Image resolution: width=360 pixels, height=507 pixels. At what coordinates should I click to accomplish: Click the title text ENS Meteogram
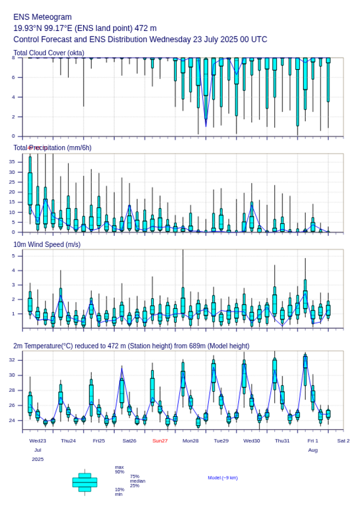click(42, 17)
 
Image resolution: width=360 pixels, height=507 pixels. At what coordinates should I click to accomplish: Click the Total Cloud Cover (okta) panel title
click(48, 53)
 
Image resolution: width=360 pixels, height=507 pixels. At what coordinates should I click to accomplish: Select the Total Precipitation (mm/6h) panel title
click(53, 147)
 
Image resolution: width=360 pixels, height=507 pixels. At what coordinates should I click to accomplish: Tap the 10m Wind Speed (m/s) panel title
click(47, 244)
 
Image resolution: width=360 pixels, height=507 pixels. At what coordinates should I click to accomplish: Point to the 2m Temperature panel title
click(131, 346)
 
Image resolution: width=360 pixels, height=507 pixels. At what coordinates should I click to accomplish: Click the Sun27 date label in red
click(160, 441)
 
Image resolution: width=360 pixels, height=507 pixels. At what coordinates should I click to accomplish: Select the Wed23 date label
click(38, 441)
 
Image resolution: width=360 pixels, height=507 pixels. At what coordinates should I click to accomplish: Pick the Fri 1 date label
click(313, 441)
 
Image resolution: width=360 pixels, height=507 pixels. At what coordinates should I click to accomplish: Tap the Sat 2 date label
click(343, 441)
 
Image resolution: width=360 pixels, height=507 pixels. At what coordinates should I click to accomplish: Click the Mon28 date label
click(191, 441)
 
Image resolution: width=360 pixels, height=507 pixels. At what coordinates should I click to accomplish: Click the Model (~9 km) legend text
click(223, 478)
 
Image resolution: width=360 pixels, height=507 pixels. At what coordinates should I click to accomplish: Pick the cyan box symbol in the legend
click(85, 483)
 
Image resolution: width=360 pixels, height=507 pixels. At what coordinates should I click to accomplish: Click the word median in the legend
click(137, 481)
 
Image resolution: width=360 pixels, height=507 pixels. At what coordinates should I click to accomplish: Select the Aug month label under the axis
click(313, 450)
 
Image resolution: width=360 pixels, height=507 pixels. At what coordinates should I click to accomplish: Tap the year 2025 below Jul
click(38, 459)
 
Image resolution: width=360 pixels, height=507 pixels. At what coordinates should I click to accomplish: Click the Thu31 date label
click(282, 441)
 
